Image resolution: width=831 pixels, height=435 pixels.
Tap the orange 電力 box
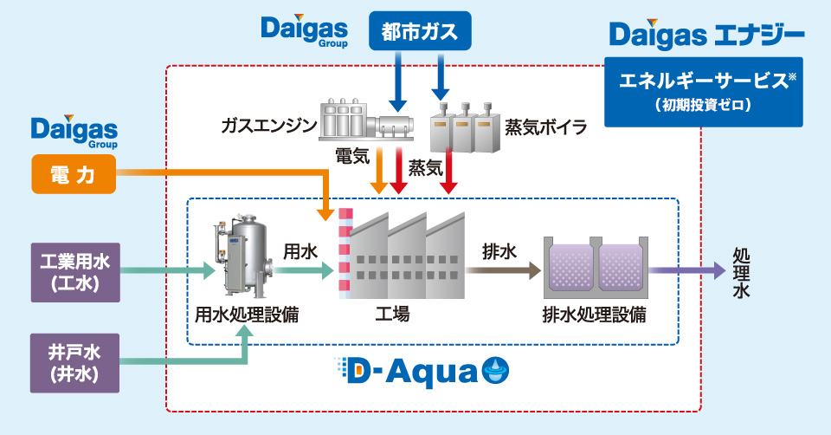point(73,173)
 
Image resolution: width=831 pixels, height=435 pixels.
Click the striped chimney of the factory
point(345,253)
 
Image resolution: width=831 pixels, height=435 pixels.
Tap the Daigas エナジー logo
point(706,36)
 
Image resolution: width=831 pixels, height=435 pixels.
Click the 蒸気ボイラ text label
point(545,127)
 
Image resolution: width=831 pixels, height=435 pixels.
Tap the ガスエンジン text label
point(268,127)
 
